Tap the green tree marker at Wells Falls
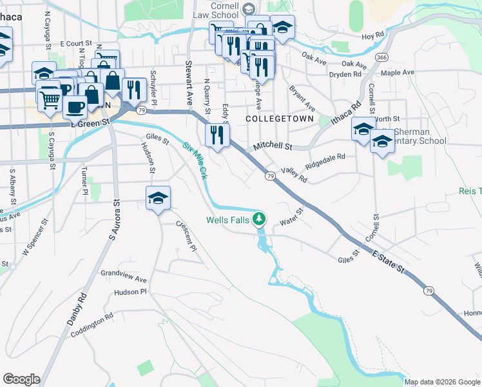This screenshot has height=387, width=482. pyautogui.click(x=259, y=219)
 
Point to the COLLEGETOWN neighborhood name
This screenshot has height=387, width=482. pyautogui.click(x=280, y=119)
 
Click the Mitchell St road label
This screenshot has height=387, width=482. pyautogui.click(x=273, y=147)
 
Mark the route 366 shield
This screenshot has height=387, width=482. pyautogui.click(x=382, y=57)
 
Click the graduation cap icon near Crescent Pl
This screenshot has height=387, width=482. pyautogui.click(x=158, y=199)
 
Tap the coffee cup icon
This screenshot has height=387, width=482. pyautogui.click(x=75, y=106)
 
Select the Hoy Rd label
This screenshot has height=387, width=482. pyautogui.click(x=372, y=37)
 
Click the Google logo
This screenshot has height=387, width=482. pyautogui.click(x=21, y=379)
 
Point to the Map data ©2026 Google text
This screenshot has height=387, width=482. pyautogui.click(x=442, y=382)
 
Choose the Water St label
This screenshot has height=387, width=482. pyautogui.click(x=291, y=217)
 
